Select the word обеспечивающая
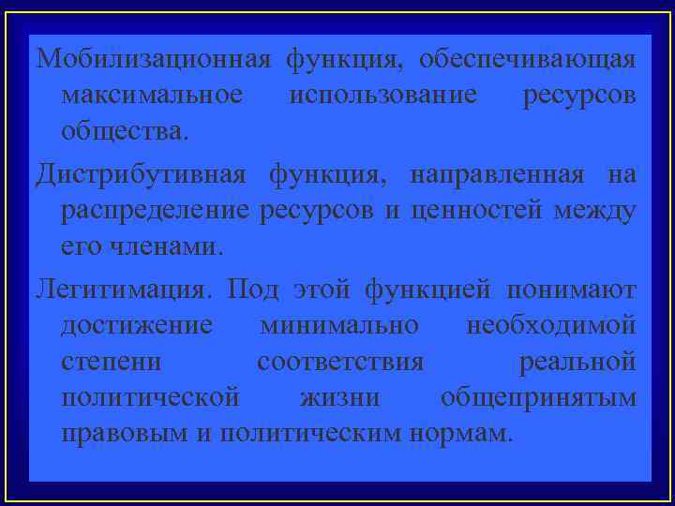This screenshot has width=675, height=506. (528, 61)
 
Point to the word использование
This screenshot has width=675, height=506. (382, 96)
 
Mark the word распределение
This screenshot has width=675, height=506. (156, 211)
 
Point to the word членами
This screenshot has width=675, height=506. (174, 247)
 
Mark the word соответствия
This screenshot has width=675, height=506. (340, 362)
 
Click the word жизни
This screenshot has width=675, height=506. (339, 397)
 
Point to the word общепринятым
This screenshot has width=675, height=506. (539, 397)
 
